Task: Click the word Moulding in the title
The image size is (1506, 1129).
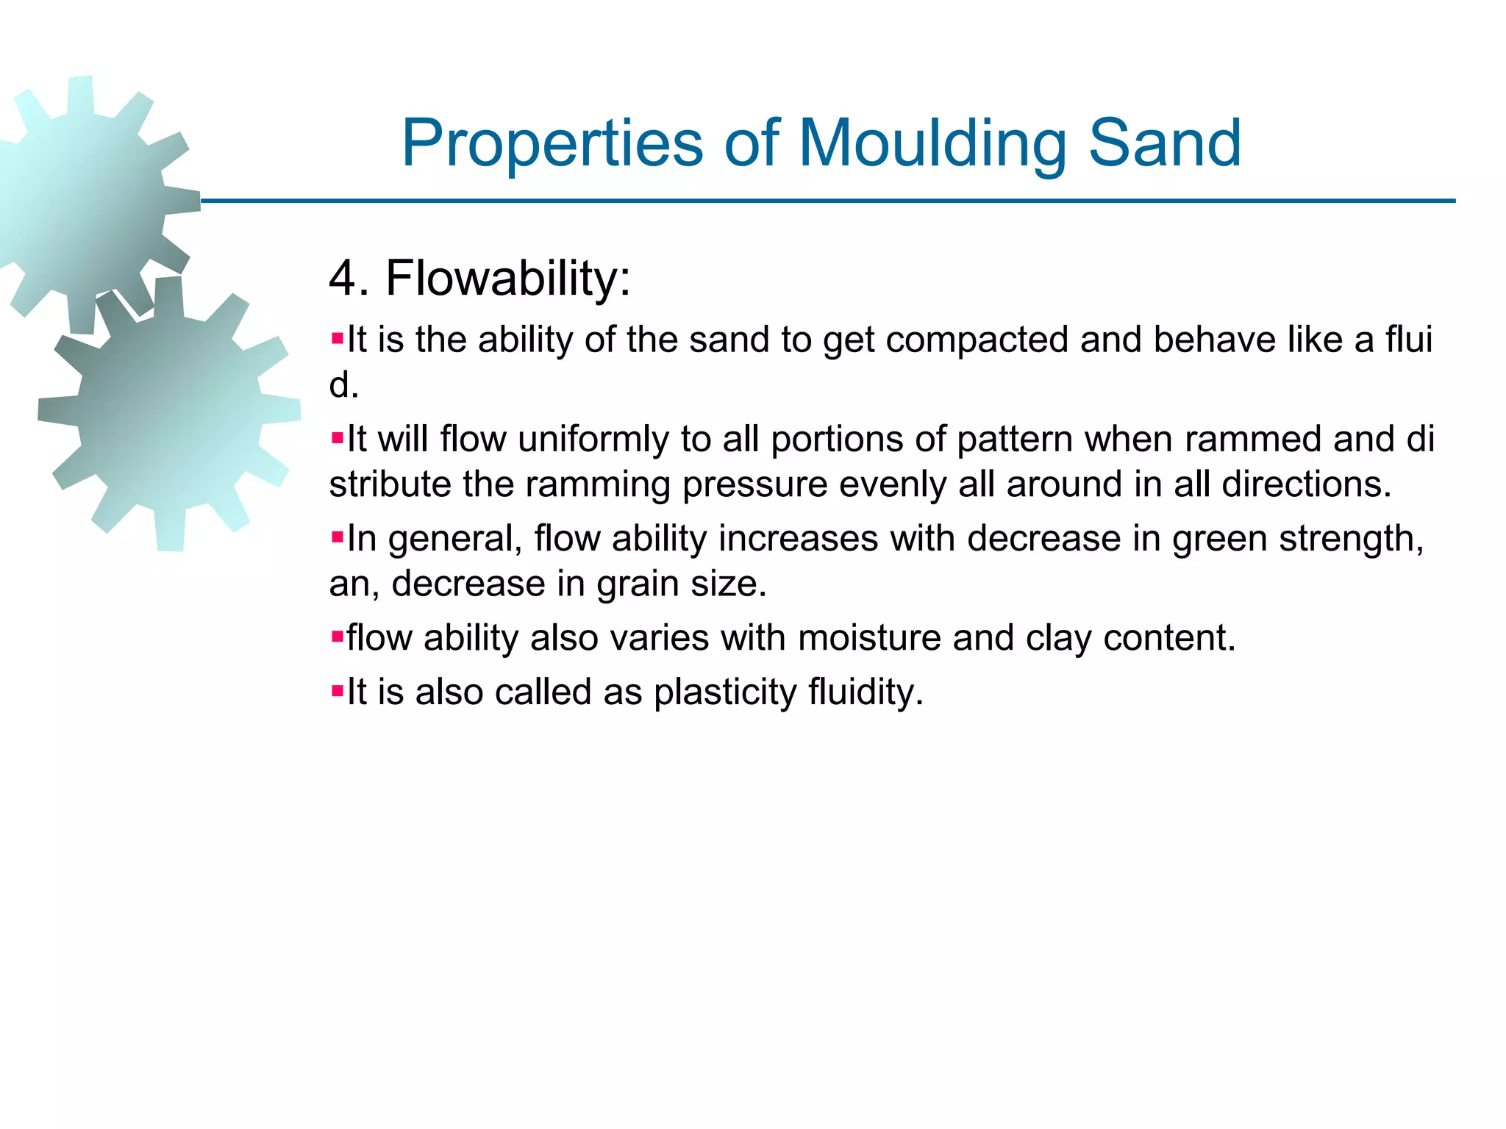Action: pos(932,144)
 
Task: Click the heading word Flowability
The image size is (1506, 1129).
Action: pos(507,279)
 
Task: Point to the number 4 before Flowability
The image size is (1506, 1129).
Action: pos(343,279)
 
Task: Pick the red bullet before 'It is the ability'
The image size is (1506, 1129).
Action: pos(338,340)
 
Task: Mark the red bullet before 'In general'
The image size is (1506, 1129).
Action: pos(338,538)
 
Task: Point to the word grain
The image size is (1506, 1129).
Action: pos(637,584)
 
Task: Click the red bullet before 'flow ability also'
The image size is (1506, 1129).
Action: pos(338,637)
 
